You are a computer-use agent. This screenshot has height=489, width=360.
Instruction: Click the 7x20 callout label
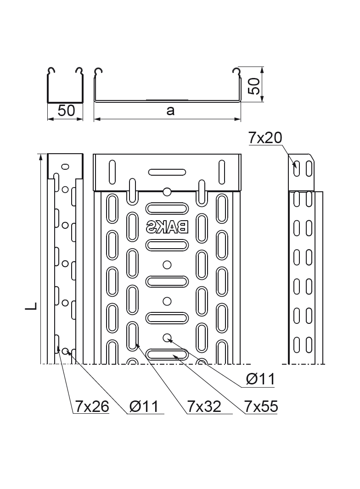tap(265, 137)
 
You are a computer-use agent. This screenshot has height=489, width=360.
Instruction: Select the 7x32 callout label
tap(204, 406)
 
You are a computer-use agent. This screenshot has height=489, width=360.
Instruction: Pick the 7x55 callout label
tap(261, 406)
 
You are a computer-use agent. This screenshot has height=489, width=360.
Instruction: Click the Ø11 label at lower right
tap(260, 379)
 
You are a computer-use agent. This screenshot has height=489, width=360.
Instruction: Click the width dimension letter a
tap(170, 111)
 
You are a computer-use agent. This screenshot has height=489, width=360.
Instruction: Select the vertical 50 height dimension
tap(254, 85)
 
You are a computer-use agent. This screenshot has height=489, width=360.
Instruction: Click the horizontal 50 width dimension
tap(66, 111)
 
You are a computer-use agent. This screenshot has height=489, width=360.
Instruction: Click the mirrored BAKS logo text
tap(167, 226)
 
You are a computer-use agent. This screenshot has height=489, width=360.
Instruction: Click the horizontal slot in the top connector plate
tap(167, 172)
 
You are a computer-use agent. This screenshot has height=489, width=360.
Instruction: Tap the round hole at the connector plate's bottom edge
tap(167, 191)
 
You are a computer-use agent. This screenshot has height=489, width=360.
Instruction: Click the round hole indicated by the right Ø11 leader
tap(167, 338)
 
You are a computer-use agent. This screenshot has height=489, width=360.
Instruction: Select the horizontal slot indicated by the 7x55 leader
tap(167, 354)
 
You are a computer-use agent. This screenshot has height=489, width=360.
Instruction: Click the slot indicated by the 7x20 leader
tap(297, 168)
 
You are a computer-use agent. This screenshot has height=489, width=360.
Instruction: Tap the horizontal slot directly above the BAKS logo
tap(167, 208)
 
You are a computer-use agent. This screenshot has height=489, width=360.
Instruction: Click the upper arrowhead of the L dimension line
tap(42, 157)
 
